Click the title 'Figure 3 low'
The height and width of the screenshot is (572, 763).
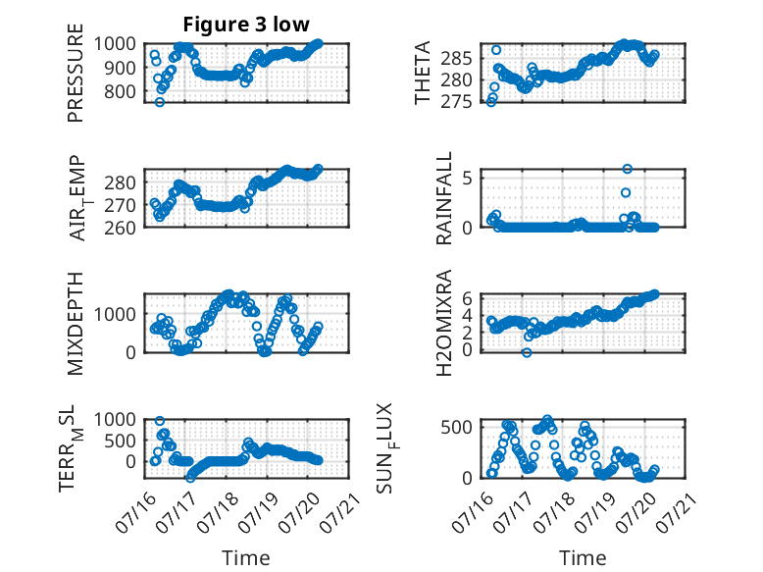246,25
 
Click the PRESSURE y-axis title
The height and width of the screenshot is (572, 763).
76,73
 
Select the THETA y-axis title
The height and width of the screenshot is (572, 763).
423,73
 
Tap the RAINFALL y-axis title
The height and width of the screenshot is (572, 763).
444,198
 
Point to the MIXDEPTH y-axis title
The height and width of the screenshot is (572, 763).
76,324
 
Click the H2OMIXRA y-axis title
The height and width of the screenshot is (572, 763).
444,323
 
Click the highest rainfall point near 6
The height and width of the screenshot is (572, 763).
628,169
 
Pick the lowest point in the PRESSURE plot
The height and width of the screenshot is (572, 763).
160,102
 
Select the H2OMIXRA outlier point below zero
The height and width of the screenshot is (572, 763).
527,353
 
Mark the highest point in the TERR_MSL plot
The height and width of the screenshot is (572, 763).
160,421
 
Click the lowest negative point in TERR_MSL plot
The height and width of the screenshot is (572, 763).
190,478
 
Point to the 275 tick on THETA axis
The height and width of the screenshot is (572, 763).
456,102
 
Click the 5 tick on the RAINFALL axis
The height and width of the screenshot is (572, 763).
468,178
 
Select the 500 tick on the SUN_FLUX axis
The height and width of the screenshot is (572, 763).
456,428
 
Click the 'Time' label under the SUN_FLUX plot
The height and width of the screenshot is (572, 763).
583,557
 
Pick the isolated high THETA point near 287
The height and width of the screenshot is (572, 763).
496,50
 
